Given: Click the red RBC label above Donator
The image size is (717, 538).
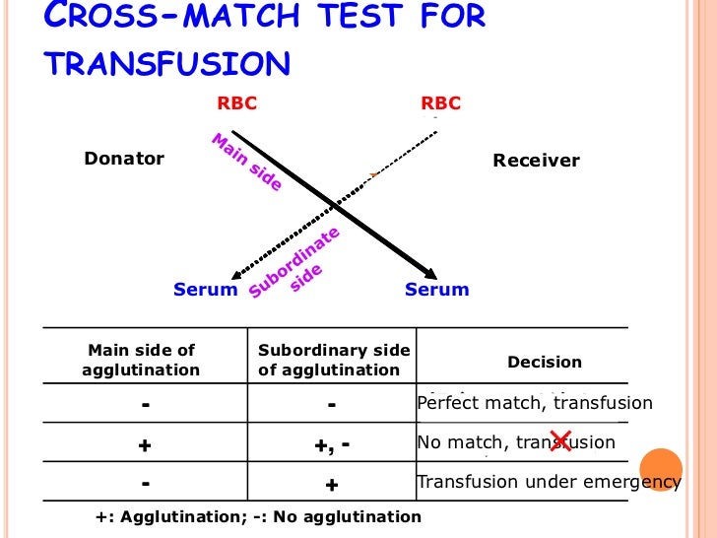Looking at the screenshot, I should click(236, 103).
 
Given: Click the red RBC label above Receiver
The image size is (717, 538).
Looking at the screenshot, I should click(440, 103).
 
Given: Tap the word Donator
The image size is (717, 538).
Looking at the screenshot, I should click(124, 159).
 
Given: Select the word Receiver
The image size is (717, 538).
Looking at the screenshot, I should click(536, 161).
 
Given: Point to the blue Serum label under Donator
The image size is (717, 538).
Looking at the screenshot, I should click(206, 290).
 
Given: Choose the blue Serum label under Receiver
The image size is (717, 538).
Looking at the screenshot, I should click(437, 290).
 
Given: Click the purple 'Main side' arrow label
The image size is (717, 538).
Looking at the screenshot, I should click(246, 163).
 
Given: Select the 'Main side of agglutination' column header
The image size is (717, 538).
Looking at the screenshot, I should click(143, 361).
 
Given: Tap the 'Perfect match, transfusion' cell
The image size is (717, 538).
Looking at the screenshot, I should click(535, 403).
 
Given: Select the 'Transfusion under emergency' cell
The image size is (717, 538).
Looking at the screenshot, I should click(549, 482).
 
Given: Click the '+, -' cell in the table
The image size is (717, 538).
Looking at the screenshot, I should click(332, 444).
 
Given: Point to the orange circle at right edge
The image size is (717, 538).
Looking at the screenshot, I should click(661, 470).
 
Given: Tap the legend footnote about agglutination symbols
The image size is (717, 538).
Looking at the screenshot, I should click(257, 516).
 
